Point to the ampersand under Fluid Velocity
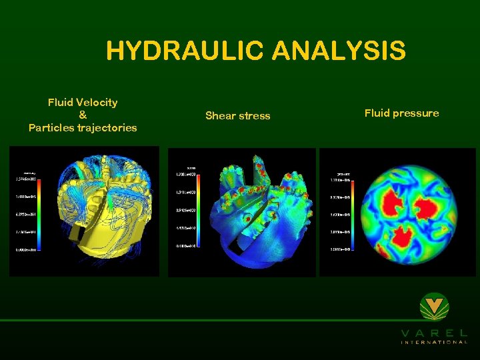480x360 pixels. pyautogui.click(x=83, y=115)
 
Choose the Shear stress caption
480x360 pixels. pyautogui.click(x=237, y=115)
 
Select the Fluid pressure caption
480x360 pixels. pyautogui.click(x=401, y=113)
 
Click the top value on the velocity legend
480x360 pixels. pyautogui.click(x=25, y=179)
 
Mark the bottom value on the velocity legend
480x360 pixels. pyautogui.click(x=25, y=248)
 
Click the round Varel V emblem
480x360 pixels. pyautogui.click(x=435, y=307)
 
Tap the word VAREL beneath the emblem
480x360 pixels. pyautogui.click(x=434, y=333)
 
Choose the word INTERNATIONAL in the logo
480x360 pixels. pyautogui.click(x=434, y=342)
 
